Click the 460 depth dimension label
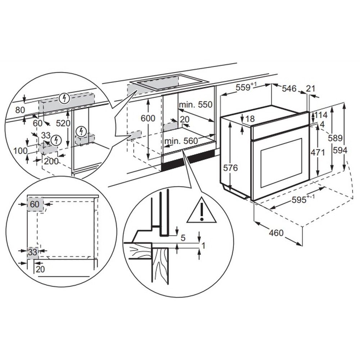[276, 233]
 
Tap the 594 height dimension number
[340, 150]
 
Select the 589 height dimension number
[335, 138]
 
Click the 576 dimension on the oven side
[230, 168]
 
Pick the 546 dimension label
[289, 89]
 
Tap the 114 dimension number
[321, 115]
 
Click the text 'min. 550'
[195, 105]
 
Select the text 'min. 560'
[181, 141]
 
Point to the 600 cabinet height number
[148, 118]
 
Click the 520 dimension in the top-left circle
[63, 123]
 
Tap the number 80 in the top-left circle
[20, 110]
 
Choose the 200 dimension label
[51, 161]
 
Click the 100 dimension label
[21, 151]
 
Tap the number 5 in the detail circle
[183, 238]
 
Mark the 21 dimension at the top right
[311, 89]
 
